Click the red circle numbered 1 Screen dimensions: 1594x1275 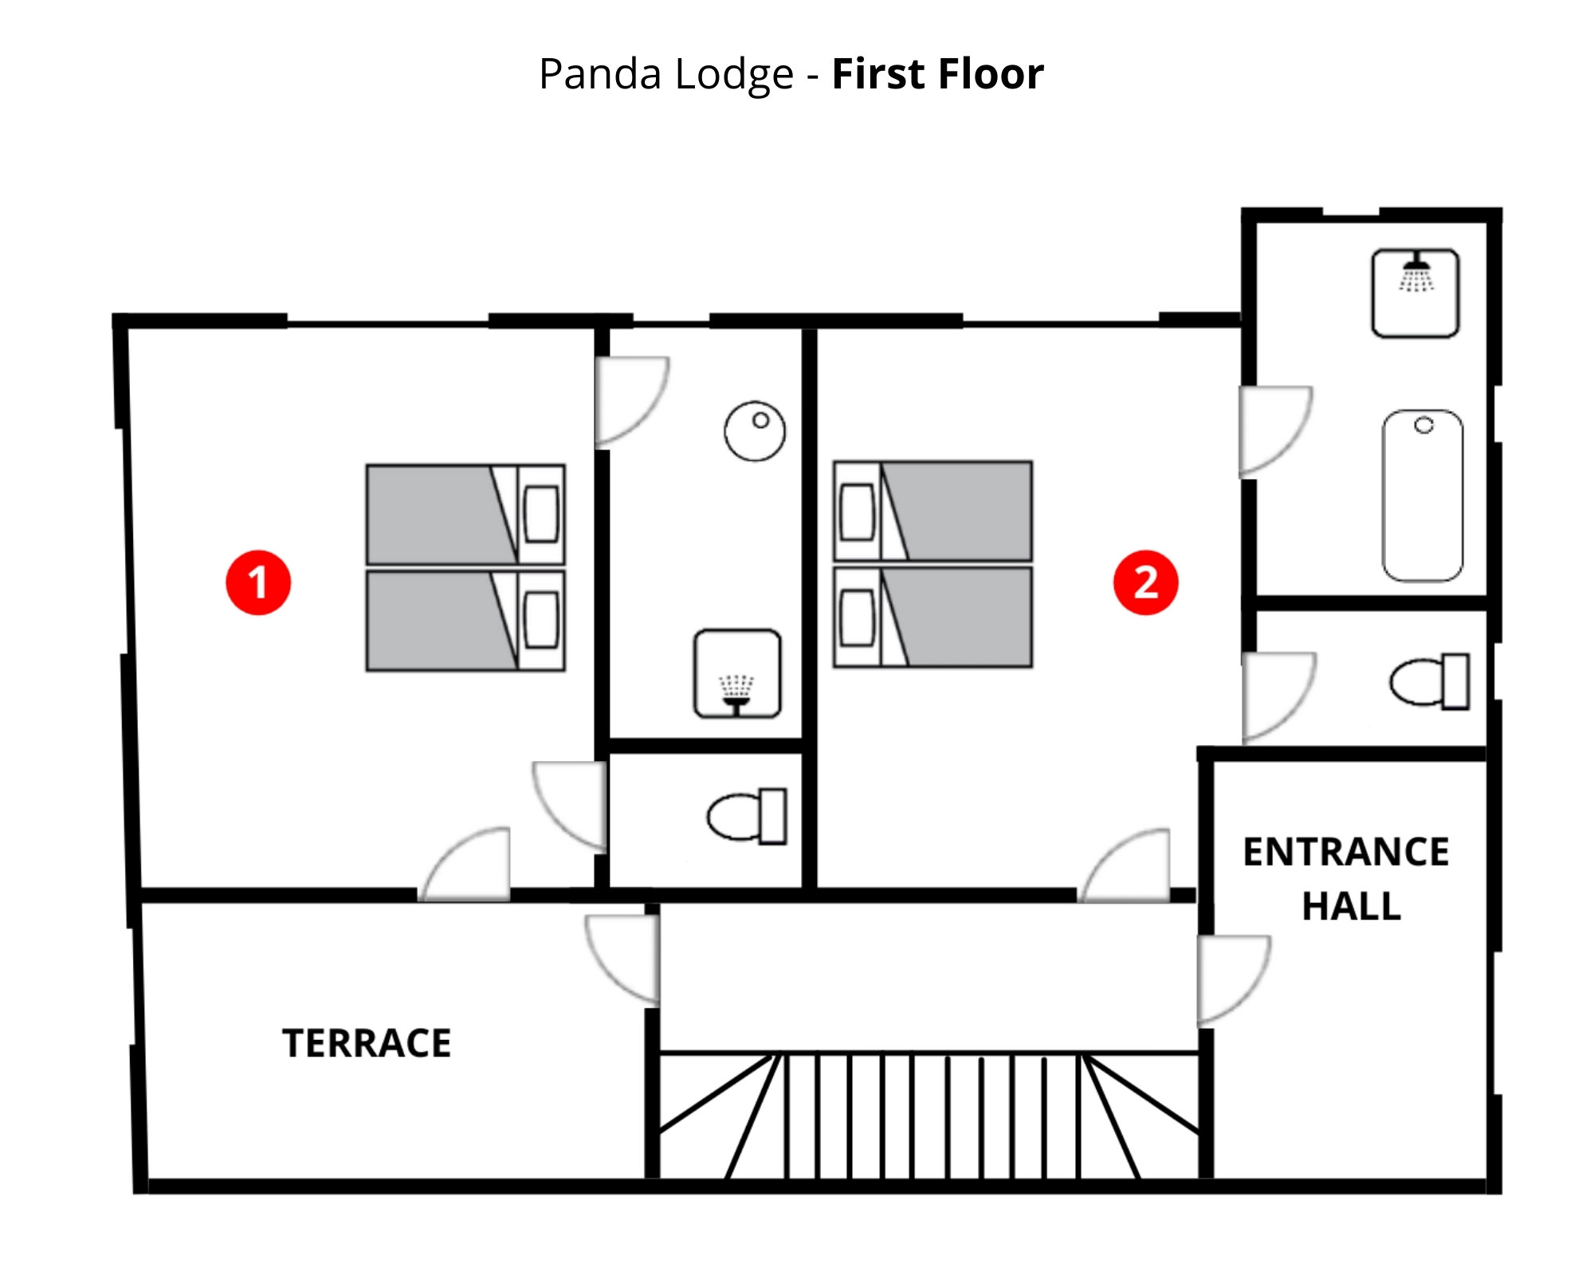coord(258,583)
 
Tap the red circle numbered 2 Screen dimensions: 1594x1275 coord(1145,583)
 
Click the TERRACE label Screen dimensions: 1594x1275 coord(367,1043)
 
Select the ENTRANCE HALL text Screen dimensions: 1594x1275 coord(1347,879)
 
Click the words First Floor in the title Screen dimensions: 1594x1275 coord(937,74)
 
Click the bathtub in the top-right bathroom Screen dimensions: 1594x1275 coord(1423,496)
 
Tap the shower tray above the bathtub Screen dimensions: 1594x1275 coord(1415,292)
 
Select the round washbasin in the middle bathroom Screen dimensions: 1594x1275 coord(755,431)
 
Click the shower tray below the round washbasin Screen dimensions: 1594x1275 coord(737,673)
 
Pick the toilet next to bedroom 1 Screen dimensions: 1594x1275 coord(748,816)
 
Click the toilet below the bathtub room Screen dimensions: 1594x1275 coord(1430,681)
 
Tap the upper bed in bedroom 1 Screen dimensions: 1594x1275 coord(465,515)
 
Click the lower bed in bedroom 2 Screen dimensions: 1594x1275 coord(933,617)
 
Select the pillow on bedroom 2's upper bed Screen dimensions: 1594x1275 coord(858,512)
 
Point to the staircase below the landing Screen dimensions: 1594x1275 coord(929,1116)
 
